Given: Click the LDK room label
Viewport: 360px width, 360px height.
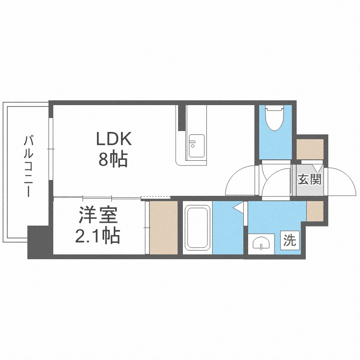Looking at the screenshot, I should [x=113, y=139].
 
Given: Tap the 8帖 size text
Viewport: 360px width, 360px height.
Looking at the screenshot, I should [x=113, y=159].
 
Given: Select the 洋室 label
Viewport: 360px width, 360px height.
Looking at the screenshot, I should [x=98, y=216].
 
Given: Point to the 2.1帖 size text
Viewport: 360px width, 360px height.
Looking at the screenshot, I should [x=98, y=236].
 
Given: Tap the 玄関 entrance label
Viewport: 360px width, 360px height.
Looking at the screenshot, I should [x=309, y=180].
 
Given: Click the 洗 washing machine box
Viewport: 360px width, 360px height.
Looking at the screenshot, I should [x=289, y=240].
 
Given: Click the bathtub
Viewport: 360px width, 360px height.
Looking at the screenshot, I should [x=197, y=229].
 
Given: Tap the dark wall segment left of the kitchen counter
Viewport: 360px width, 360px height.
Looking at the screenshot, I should [x=181, y=117].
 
